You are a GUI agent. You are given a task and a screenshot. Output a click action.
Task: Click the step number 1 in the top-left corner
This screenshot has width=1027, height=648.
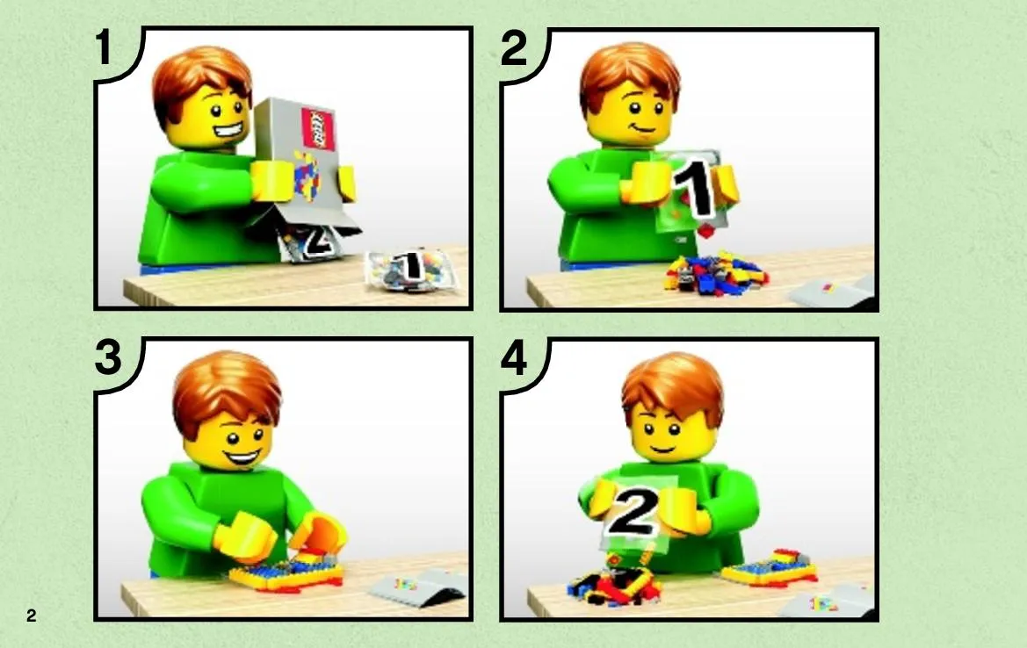[105, 47]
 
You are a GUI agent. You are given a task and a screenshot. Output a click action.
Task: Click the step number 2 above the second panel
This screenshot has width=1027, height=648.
[513, 47]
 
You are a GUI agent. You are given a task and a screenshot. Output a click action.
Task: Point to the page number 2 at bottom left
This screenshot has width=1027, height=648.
[32, 616]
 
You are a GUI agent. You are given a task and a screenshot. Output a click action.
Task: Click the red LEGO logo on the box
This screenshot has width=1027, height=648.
[318, 128]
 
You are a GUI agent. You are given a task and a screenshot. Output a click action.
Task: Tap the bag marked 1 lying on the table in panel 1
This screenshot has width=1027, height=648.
[410, 269]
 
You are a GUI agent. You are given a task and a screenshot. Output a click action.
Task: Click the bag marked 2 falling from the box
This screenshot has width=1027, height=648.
[312, 241]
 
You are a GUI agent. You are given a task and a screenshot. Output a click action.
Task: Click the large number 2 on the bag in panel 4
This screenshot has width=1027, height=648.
[633, 510]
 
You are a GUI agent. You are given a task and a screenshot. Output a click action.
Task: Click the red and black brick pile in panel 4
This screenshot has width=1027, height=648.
[613, 585]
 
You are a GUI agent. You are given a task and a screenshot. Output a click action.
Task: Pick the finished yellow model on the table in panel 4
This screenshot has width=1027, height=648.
[770, 568]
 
